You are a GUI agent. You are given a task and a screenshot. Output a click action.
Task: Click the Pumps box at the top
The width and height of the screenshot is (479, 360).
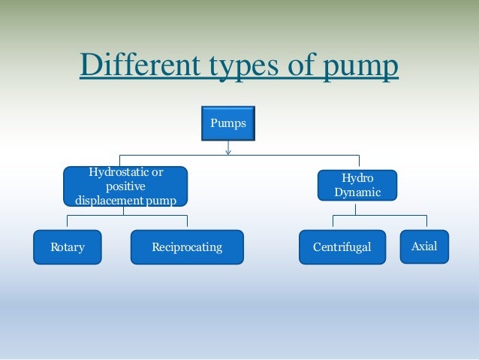(227, 123)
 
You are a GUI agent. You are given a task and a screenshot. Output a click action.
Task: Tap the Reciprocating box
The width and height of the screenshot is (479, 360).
(187, 247)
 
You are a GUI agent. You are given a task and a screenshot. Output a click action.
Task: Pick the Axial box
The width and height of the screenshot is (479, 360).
(424, 247)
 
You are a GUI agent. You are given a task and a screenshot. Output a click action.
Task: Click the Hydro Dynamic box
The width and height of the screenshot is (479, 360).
(357, 186)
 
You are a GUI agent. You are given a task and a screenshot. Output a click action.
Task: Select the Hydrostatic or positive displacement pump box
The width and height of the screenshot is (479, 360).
(125, 186)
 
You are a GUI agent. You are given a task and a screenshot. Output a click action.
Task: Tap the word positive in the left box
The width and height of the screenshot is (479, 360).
(125, 186)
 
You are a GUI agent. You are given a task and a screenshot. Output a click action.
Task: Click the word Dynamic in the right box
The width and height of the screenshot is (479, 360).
(357, 192)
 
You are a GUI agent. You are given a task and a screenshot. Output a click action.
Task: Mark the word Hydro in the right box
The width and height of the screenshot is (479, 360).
(357, 179)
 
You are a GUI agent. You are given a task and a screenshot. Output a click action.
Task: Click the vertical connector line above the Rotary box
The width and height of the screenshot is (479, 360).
(68, 222)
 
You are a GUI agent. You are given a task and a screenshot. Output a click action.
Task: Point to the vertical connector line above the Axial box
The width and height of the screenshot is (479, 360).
(426, 221)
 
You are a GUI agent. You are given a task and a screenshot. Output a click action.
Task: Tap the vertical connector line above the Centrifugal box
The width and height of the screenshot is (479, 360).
(333, 221)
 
